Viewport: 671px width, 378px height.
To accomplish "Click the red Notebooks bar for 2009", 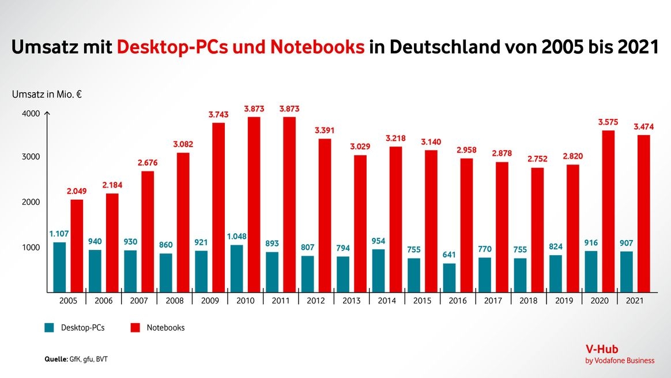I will click(x=218, y=207).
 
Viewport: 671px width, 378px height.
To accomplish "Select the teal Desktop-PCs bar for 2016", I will click(x=449, y=278).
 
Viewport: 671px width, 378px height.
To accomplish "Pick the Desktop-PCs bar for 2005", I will click(x=59, y=267).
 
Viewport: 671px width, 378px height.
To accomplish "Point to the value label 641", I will click(x=449, y=255).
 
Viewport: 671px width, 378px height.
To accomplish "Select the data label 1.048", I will click(x=236, y=237).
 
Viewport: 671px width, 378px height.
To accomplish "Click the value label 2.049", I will click(x=77, y=191).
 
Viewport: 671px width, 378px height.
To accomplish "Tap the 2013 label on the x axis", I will click(x=352, y=301).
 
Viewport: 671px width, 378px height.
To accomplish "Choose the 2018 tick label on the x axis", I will click(x=529, y=301).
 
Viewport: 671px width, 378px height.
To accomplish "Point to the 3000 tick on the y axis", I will click(x=32, y=157).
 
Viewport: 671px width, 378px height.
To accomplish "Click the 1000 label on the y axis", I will click(x=32, y=248).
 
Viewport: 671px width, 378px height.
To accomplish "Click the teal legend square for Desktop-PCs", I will click(x=50, y=328).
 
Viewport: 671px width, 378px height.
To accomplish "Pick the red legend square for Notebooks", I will click(x=135, y=328).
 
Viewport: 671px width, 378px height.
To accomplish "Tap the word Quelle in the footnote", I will click(x=55, y=360).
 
